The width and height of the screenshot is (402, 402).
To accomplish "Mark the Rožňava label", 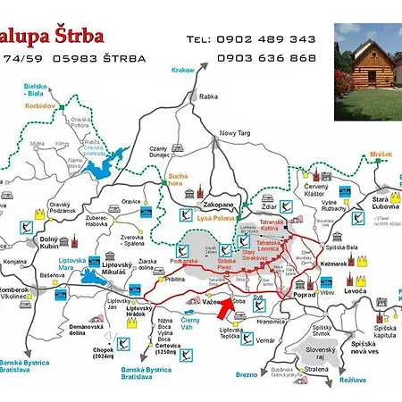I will click(x=354, y=380).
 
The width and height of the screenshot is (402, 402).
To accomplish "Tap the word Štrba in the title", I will click(x=76, y=37).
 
